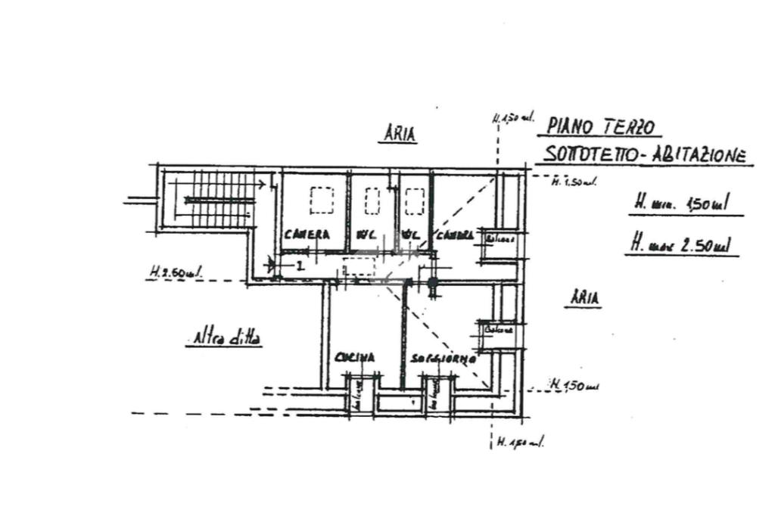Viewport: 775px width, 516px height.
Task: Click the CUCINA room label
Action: pos(356,358)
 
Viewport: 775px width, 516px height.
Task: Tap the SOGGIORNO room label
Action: pos(443,359)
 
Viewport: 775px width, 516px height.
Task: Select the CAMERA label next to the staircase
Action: pos(307,235)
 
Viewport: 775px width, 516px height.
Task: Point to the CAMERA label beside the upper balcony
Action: pos(454,235)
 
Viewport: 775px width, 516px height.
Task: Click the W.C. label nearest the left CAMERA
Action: pos(367,235)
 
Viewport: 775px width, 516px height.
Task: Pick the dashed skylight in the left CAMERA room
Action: pos(322,201)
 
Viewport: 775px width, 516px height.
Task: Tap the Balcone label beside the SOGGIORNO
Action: pos(500,330)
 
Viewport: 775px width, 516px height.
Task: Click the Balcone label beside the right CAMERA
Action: pos(500,240)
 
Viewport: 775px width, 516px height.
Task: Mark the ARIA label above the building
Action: pos(399,134)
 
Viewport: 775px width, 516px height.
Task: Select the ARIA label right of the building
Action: pos(584,298)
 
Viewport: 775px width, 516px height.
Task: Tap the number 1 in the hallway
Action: pos(300,265)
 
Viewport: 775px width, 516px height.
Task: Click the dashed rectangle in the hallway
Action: pos(359,267)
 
